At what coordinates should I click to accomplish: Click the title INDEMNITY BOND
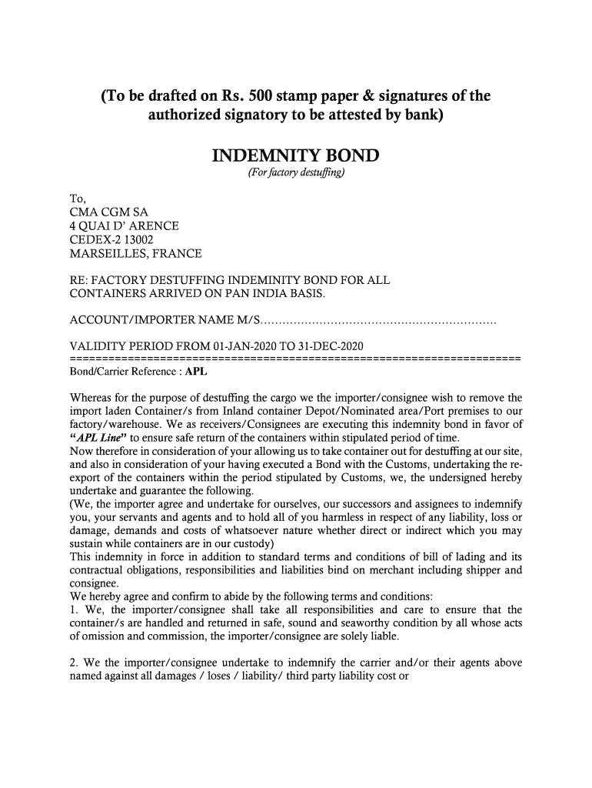click(295, 157)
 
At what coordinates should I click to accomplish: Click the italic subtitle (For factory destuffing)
click(295, 175)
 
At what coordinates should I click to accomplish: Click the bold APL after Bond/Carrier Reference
click(197, 371)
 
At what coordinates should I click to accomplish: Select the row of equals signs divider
click(295, 359)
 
